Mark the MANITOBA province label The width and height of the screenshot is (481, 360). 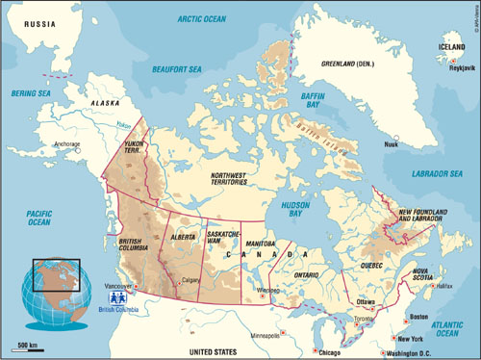(x=258, y=244)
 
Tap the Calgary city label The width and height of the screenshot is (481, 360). (x=188, y=281)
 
